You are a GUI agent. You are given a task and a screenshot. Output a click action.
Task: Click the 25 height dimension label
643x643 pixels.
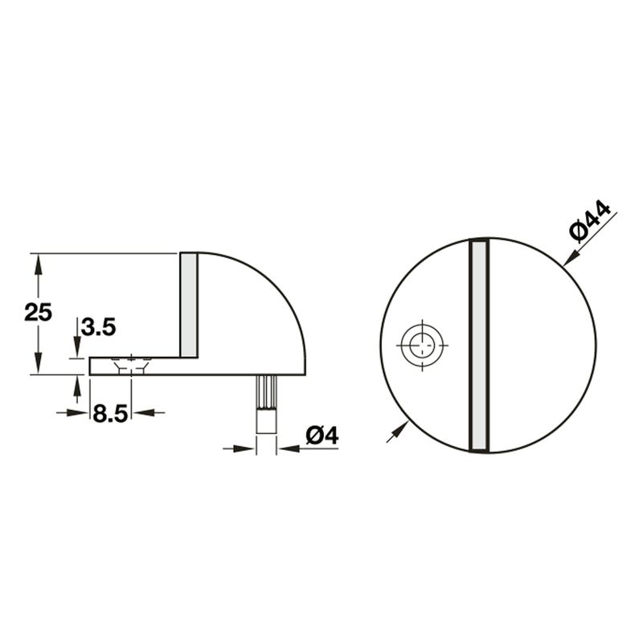coord(38,312)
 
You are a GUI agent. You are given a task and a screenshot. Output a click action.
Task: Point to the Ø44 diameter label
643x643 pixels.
coord(591,221)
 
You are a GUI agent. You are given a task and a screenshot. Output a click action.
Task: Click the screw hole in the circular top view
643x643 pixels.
coord(421,346)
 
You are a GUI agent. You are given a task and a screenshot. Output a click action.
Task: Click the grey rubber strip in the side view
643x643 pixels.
coord(189,305)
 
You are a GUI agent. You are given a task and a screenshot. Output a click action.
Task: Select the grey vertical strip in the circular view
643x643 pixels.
coord(478,346)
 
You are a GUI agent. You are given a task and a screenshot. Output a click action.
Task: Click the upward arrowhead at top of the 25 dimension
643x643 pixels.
coord(35,261)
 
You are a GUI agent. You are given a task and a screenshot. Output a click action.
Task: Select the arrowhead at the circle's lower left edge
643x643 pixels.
coord(393,434)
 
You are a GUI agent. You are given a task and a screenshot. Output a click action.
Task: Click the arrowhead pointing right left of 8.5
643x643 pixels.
coord(80,412)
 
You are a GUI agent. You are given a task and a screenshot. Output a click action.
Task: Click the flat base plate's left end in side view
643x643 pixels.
coord(92,367)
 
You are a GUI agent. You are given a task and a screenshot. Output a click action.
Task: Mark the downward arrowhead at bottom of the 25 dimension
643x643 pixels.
coord(35,367)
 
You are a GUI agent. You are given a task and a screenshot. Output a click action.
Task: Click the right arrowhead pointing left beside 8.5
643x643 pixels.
coord(139,412)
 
